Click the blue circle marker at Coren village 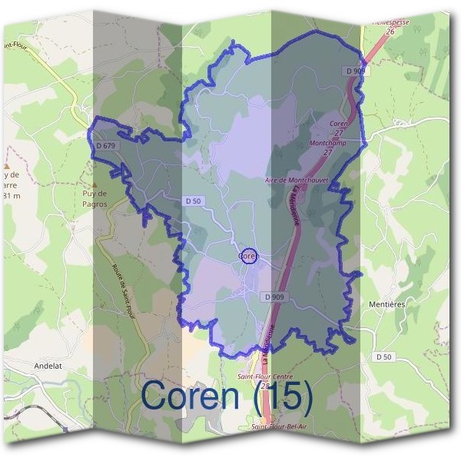(x=247, y=256)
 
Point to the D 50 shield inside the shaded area (x=194, y=201)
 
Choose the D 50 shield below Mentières (x=385, y=357)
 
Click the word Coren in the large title (x=192, y=396)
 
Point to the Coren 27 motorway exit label (x=339, y=128)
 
